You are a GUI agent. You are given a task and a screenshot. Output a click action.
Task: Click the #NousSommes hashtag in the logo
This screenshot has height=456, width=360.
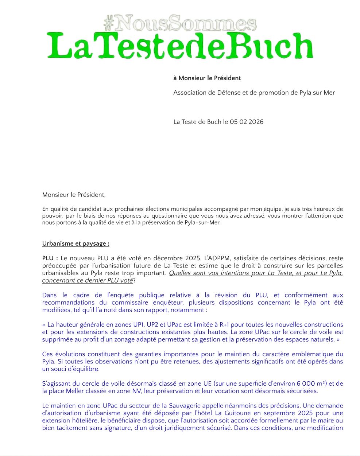(x=180, y=23)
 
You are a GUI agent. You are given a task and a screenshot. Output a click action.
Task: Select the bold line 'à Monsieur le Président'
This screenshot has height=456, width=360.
(x=207, y=78)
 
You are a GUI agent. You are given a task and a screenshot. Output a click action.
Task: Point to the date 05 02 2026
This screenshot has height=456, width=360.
(x=247, y=122)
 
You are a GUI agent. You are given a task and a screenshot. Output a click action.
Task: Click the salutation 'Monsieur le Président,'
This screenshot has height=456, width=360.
(x=74, y=195)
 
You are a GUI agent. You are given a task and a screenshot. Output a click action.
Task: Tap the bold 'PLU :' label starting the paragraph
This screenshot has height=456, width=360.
(x=50, y=258)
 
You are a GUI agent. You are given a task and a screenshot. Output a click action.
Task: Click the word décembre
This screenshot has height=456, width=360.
(x=168, y=258)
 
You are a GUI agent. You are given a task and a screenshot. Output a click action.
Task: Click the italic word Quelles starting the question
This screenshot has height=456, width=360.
(x=181, y=273)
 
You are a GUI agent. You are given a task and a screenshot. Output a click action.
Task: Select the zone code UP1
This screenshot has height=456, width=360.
(x=137, y=324)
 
